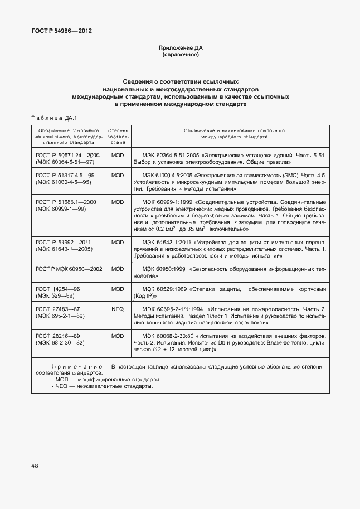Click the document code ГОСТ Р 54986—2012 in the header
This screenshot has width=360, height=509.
62,31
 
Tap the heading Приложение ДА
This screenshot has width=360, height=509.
179,49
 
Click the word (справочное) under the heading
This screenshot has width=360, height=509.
179,55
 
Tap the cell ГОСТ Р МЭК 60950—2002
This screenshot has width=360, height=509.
69,269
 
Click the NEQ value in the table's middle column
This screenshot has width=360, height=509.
118,309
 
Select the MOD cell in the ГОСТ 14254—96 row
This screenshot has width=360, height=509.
118,289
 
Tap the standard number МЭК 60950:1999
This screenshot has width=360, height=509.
163,269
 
